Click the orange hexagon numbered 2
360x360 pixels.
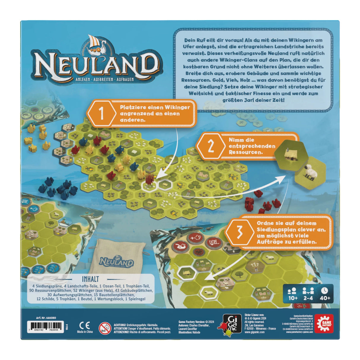point(211,146)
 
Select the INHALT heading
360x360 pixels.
point(90,279)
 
